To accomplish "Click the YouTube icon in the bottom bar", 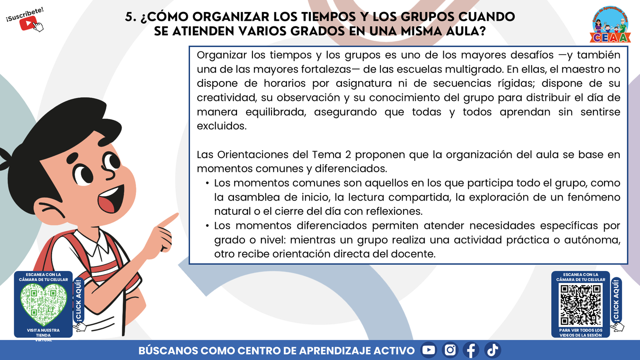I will [x=428, y=350].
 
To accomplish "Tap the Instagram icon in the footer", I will [x=450, y=350].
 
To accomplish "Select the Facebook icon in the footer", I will [x=471, y=350].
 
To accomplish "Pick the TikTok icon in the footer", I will [x=492, y=350].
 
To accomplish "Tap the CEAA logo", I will [x=610, y=26].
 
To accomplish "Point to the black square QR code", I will [x=580, y=305].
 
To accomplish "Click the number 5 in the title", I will [x=129, y=17].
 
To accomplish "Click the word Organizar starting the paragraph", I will [x=221, y=55].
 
